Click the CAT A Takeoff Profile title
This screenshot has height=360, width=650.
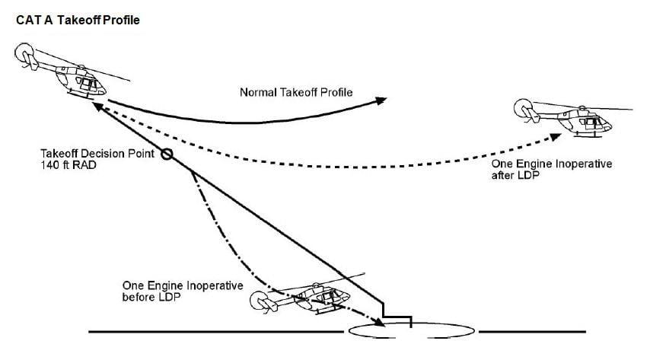[78, 21]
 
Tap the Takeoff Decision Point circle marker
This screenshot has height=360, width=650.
[167, 155]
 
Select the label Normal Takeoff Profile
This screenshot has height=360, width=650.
[296, 92]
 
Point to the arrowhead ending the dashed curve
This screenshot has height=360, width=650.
[556, 137]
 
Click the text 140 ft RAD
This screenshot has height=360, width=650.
[69, 165]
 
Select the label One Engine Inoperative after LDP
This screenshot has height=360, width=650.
[552, 169]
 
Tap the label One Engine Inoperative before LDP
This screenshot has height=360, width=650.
[183, 292]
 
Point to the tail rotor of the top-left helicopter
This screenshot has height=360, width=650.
[24, 53]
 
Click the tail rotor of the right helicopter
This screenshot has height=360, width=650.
[523, 108]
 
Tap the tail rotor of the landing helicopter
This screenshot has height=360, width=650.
[261, 301]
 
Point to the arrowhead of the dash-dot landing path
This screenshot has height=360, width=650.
[379, 322]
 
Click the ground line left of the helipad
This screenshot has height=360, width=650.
[216, 332]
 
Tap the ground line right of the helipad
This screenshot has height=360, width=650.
[532, 332]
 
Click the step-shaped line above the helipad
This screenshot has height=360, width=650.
[397, 317]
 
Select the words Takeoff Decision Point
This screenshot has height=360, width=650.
[97, 154]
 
